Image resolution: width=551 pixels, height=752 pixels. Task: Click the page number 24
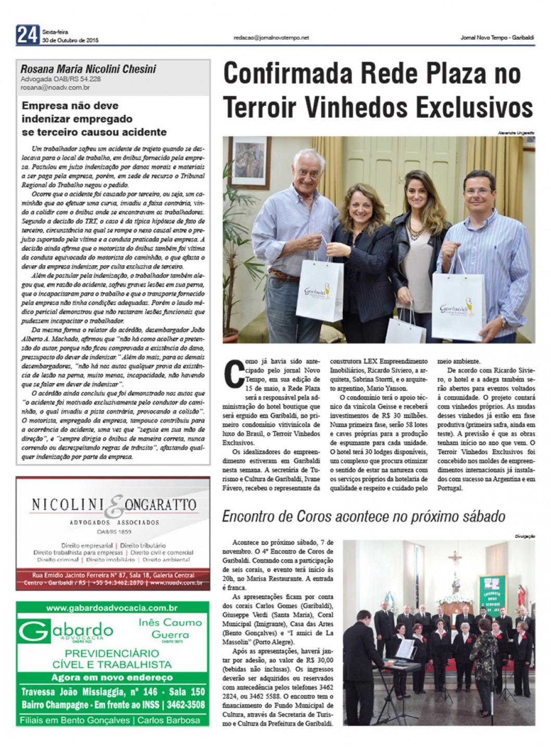pyautogui.click(x=27, y=35)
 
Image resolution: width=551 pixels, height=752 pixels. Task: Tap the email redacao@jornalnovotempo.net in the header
pyautogui.click(x=271, y=38)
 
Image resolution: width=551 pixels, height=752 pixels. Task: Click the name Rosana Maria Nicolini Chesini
pyautogui.click(x=88, y=69)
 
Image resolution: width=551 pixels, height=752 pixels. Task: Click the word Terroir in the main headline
pyautogui.click(x=259, y=107)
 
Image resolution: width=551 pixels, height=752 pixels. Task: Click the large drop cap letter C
pyautogui.click(x=234, y=372)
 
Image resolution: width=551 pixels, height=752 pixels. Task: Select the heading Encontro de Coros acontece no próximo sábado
pyautogui.click(x=364, y=516)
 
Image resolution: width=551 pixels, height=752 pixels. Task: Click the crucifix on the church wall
pyautogui.click(x=455, y=562)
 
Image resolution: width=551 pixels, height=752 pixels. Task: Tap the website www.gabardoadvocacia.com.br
pyautogui.click(x=112, y=608)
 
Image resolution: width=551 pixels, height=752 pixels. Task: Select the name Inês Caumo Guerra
pyautogui.click(x=170, y=628)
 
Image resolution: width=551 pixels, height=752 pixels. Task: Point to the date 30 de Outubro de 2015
pyautogui.click(x=70, y=40)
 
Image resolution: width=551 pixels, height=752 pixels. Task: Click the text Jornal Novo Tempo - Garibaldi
pyautogui.click(x=497, y=38)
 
